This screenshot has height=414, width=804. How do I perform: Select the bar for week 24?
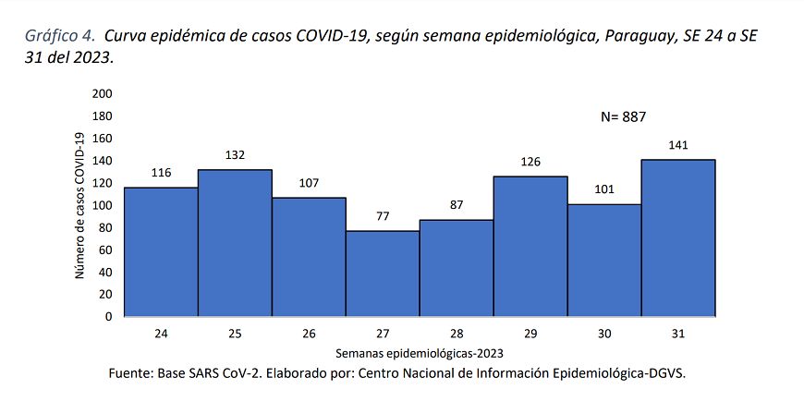(x=161, y=251)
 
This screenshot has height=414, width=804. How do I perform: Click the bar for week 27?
(x=383, y=273)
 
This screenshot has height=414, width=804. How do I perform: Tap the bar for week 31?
(x=678, y=237)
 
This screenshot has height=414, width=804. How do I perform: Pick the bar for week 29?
(x=530, y=246)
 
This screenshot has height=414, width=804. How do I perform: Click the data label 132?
(x=235, y=155)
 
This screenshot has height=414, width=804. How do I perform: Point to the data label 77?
(x=383, y=216)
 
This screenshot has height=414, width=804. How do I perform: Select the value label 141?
(x=678, y=145)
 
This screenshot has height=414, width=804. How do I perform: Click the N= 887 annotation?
(x=623, y=116)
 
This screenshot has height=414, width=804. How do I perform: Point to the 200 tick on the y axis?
(x=102, y=93)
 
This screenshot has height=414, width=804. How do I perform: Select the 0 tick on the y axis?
(x=108, y=316)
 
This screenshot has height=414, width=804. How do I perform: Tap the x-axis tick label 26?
(x=309, y=333)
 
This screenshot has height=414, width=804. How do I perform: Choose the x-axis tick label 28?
(x=457, y=333)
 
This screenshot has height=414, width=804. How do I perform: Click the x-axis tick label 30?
(x=604, y=333)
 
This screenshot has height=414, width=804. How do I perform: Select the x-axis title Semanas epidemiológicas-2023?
(x=420, y=352)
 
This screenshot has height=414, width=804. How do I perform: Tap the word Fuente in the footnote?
(x=133, y=372)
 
